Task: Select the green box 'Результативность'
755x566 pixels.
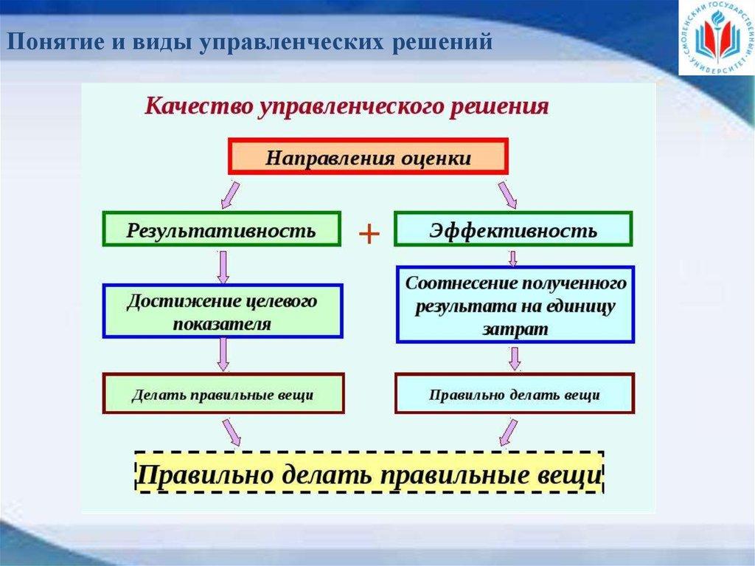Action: point(221,229)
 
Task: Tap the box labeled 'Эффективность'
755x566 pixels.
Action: point(513,229)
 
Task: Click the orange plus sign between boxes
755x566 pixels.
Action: point(368,235)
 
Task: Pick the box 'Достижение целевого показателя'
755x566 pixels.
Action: point(222,312)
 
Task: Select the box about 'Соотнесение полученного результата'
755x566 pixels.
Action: point(515,305)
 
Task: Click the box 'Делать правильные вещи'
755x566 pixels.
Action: point(222,394)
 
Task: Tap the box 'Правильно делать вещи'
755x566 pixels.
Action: point(514,394)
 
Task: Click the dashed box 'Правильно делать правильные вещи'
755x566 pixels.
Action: point(369,472)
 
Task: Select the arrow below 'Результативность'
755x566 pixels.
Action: point(222,266)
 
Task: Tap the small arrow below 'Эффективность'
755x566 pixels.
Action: point(513,257)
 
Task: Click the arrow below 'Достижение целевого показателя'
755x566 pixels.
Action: point(222,355)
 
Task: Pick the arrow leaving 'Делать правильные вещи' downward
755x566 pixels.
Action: point(232,432)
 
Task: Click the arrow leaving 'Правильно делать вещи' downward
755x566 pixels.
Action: point(507,432)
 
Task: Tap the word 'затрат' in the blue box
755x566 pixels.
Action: point(515,329)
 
